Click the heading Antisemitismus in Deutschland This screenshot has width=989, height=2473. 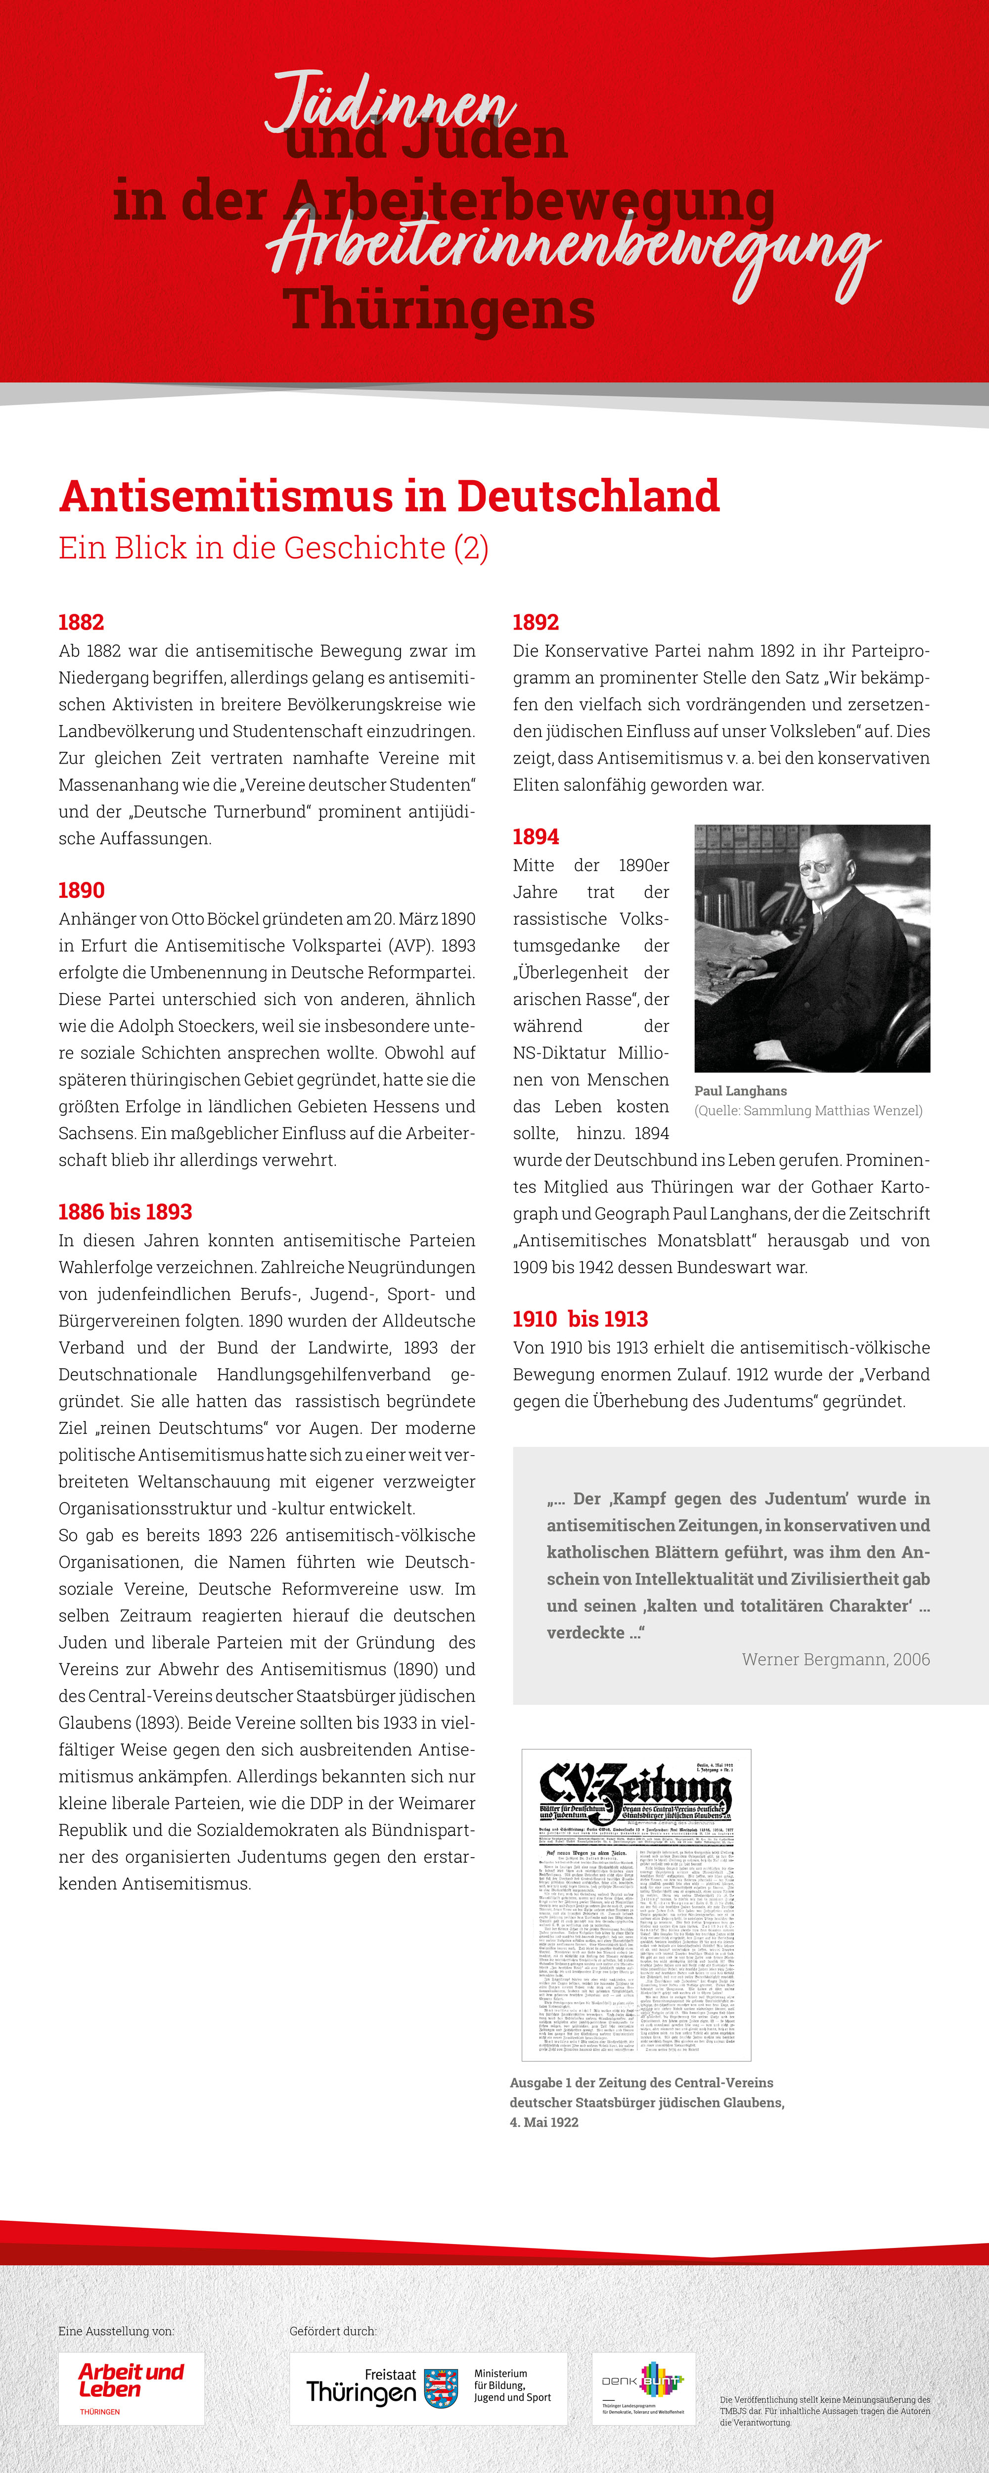pos(389,496)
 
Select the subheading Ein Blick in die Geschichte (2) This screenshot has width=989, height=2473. pos(273,548)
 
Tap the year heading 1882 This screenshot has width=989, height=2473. pos(82,622)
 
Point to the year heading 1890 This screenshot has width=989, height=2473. pos(82,890)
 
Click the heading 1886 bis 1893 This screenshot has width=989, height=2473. pos(126,1212)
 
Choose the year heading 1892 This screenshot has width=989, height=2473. pos(536,622)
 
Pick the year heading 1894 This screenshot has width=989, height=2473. pos(536,836)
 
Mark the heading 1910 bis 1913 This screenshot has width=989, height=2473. pos(580,1319)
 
